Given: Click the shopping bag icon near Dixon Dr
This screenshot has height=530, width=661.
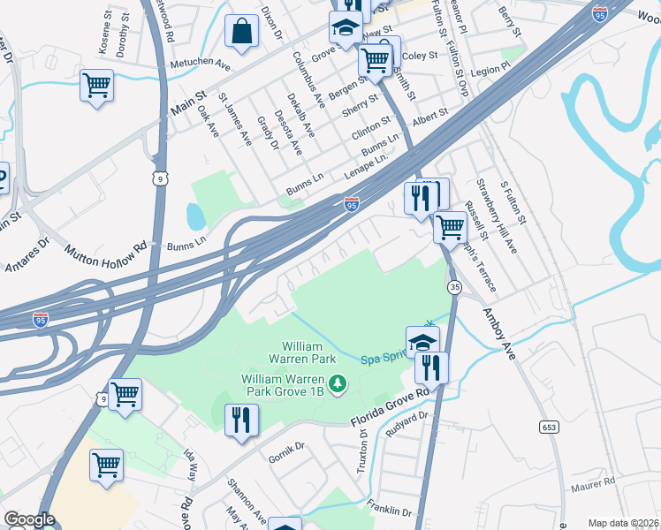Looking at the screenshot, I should (x=241, y=33).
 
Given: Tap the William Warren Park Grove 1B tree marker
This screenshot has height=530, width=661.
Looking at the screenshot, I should (x=337, y=383).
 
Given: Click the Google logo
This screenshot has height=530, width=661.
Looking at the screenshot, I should (x=29, y=519).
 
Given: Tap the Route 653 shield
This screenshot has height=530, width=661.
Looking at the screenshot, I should (x=549, y=427).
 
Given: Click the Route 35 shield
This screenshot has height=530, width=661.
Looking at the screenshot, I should (x=454, y=288).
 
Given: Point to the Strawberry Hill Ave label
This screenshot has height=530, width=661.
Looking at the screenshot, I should (x=497, y=216).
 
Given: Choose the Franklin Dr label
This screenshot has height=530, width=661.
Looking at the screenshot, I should (x=389, y=511).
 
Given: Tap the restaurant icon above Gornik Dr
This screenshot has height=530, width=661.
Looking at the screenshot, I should (x=241, y=420).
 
